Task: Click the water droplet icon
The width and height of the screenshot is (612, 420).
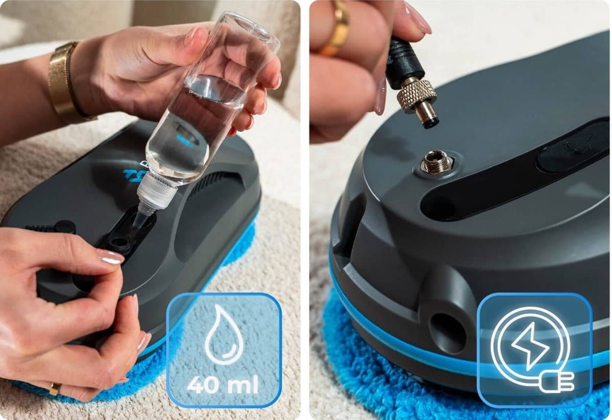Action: pos(224,334)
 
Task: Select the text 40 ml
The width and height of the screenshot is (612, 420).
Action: pos(223,384)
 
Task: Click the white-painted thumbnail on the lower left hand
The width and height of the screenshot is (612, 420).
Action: pos(110,256)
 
